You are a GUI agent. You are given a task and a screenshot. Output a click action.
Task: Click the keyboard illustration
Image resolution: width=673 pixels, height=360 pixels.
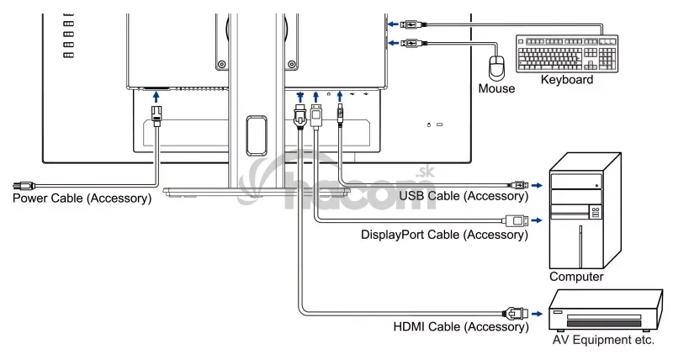click(x=567, y=56)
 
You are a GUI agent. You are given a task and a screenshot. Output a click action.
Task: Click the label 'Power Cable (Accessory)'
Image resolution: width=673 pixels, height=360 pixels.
click(x=82, y=199)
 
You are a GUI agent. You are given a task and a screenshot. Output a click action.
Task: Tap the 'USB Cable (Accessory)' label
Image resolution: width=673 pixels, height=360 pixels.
click(x=463, y=197)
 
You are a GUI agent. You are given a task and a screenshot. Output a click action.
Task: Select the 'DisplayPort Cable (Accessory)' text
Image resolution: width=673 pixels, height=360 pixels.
click(x=443, y=235)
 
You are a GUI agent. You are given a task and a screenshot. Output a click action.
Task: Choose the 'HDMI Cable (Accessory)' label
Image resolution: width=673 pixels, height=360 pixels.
click(x=460, y=326)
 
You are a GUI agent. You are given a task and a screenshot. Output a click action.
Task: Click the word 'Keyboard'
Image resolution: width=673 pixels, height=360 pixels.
click(x=566, y=81)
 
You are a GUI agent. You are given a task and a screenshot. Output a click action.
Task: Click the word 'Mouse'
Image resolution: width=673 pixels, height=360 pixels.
click(x=496, y=88)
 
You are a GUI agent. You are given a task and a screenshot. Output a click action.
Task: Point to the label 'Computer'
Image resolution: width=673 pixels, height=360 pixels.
click(x=576, y=276)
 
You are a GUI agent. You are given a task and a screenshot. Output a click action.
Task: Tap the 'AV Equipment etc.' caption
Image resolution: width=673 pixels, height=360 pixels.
click(x=602, y=341)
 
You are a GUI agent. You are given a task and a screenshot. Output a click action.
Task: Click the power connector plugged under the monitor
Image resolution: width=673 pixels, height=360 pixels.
click(x=156, y=114)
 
